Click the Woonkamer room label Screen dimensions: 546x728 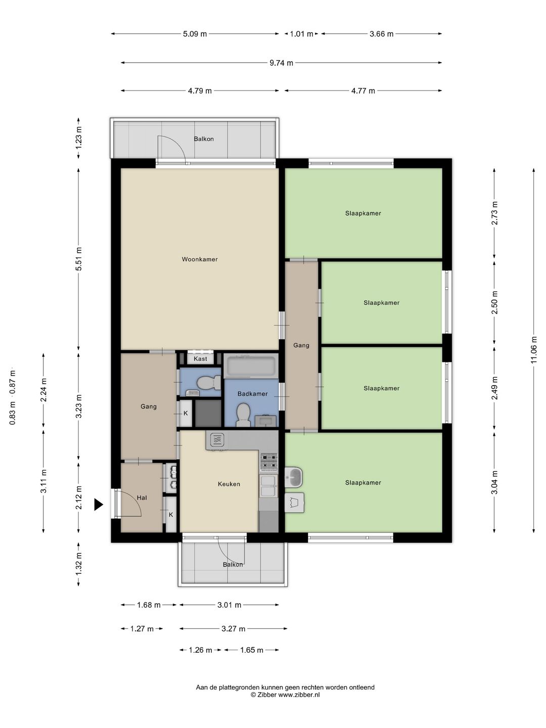[200, 259]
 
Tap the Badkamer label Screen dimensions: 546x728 [252, 394]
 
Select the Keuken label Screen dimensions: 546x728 [229, 484]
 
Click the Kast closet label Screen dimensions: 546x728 [200, 358]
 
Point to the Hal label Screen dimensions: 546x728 [142, 497]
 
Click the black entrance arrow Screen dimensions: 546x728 [99, 505]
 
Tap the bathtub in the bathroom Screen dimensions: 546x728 [251, 366]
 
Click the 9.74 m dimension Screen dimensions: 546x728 [281, 63]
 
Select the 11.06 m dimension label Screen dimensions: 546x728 [533, 350]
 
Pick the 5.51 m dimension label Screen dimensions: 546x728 [78, 259]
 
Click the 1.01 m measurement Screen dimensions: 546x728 [301, 34]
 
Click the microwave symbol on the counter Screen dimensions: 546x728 [217, 440]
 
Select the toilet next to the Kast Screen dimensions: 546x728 [208, 383]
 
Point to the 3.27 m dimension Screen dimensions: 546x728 [233, 628]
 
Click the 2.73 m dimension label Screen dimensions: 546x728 [494, 213]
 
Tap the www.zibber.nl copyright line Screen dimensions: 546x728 [285, 695]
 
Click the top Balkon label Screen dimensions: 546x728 [204, 139]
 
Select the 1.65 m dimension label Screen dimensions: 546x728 [252, 650]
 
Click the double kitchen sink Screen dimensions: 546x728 [268, 486]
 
